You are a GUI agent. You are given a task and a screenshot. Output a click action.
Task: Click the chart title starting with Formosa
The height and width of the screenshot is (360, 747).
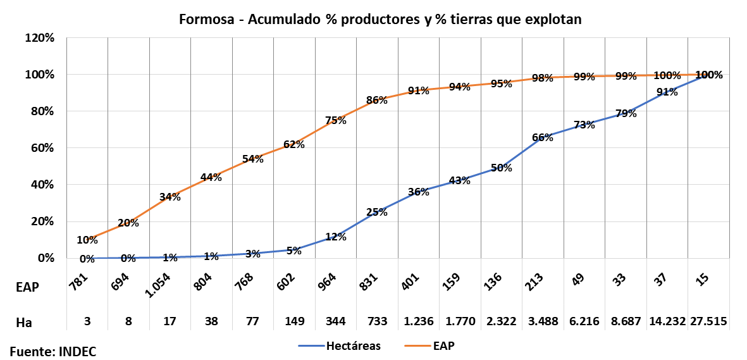coord(380,20)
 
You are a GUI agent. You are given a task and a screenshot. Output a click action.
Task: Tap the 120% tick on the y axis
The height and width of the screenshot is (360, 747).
coord(40,38)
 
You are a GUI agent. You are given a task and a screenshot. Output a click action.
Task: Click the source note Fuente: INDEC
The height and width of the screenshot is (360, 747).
coord(53,351)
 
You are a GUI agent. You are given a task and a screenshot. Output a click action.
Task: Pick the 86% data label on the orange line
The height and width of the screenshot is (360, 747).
coord(377,100)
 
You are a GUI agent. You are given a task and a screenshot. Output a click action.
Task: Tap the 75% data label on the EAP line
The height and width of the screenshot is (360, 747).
coord(336,121)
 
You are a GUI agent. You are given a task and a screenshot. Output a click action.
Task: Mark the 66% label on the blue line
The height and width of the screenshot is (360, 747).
coord(543,137)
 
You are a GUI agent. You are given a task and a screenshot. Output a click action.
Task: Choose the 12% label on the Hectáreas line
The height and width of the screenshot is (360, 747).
coord(336,237)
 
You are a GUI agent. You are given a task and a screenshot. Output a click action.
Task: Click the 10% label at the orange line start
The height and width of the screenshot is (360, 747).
coord(87,240)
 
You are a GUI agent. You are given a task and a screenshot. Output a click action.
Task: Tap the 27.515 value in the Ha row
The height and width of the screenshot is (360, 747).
coord(708,321)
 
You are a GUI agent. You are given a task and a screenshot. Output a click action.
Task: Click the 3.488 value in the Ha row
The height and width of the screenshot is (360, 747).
coord(543,321)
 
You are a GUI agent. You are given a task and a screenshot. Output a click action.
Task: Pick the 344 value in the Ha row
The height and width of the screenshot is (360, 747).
coord(336,321)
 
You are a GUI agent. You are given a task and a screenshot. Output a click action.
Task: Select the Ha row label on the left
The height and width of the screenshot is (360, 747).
coord(24,322)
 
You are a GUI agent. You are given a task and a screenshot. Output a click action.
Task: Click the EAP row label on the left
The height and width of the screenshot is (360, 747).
coord(27,287)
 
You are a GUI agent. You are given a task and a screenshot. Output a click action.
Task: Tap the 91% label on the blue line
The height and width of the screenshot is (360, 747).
coord(667,92)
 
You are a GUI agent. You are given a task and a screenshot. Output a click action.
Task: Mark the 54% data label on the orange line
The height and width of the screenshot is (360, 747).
coord(253,159)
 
